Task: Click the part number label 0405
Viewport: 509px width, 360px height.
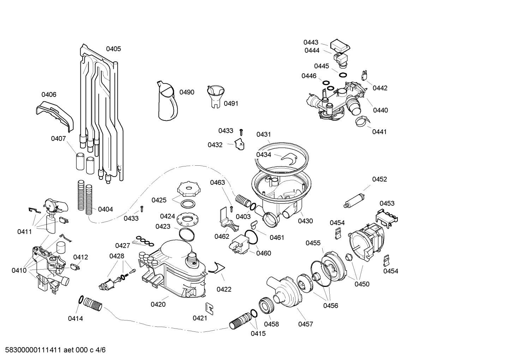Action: tap(113, 49)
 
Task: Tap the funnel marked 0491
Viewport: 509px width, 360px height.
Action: tap(215, 95)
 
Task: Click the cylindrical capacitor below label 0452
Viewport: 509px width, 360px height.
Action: tap(354, 199)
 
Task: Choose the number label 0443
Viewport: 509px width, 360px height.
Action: tap(311, 42)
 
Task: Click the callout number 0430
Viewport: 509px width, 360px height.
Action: tap(305, 221)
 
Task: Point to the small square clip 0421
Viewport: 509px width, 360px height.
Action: tap(209, 308)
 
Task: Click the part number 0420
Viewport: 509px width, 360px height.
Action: tap(158, 304)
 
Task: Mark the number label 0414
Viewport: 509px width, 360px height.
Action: tap(75, 319)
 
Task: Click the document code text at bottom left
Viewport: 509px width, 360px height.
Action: tap(53, 350)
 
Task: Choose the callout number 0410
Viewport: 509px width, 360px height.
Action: tap(19, 270)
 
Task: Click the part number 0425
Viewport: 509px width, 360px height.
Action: tap(159, 200)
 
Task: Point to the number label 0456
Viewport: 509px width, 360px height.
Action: tap(330, 306)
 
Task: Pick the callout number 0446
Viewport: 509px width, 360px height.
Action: tap(309, 76)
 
